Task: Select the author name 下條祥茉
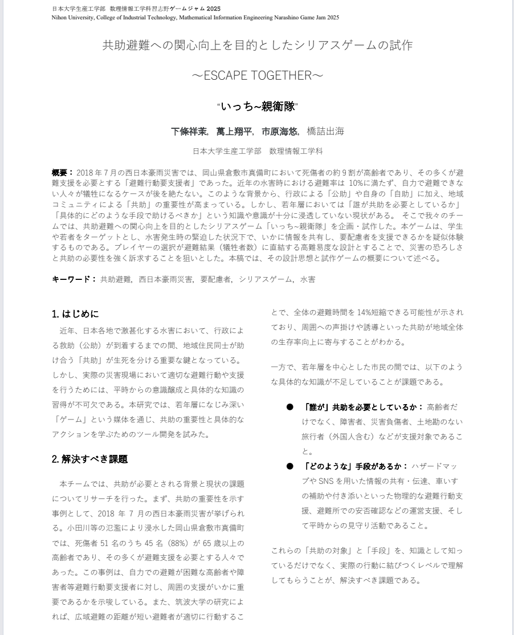189,132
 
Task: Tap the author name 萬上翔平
234,132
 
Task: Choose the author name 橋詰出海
325,132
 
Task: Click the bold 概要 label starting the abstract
60,172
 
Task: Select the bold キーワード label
71,279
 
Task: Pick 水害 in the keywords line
308,279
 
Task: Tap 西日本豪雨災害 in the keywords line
165,279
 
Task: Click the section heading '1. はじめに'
75,314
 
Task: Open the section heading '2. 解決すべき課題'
89,459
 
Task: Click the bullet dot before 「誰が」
289,407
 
